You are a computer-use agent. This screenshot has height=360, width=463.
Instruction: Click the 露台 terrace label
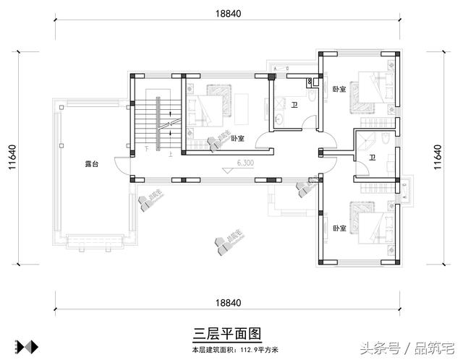tap(91, 165)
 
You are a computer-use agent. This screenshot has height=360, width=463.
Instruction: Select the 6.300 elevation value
tap(245, 163)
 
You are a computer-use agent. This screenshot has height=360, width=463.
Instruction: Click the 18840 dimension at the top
tap(228, 13)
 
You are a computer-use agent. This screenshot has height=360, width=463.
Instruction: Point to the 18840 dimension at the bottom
tap(228, 302)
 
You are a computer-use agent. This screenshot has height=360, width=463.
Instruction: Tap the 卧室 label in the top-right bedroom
tap(339, 89)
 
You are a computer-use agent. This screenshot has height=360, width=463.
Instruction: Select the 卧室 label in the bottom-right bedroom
tap(339, 228)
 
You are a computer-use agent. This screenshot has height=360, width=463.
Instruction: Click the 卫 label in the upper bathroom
tap(294, 105)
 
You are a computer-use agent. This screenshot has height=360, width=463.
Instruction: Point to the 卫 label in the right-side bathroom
tap(372, 157)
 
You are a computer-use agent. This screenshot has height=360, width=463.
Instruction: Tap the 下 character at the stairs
tap(147, 149)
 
